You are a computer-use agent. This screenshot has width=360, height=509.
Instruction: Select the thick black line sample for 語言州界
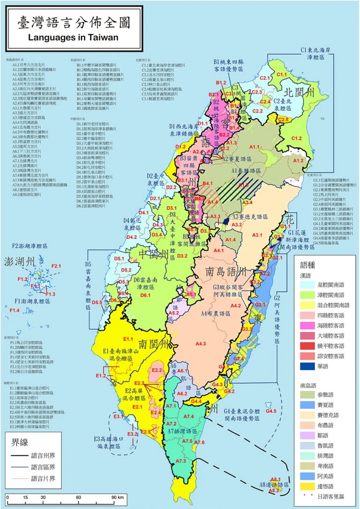(17, 455)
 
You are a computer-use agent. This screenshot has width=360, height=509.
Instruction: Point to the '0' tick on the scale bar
(8, 497)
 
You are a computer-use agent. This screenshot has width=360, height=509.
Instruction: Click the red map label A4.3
(200, 344)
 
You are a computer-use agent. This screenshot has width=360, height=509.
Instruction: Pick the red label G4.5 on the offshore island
(271, 411)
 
